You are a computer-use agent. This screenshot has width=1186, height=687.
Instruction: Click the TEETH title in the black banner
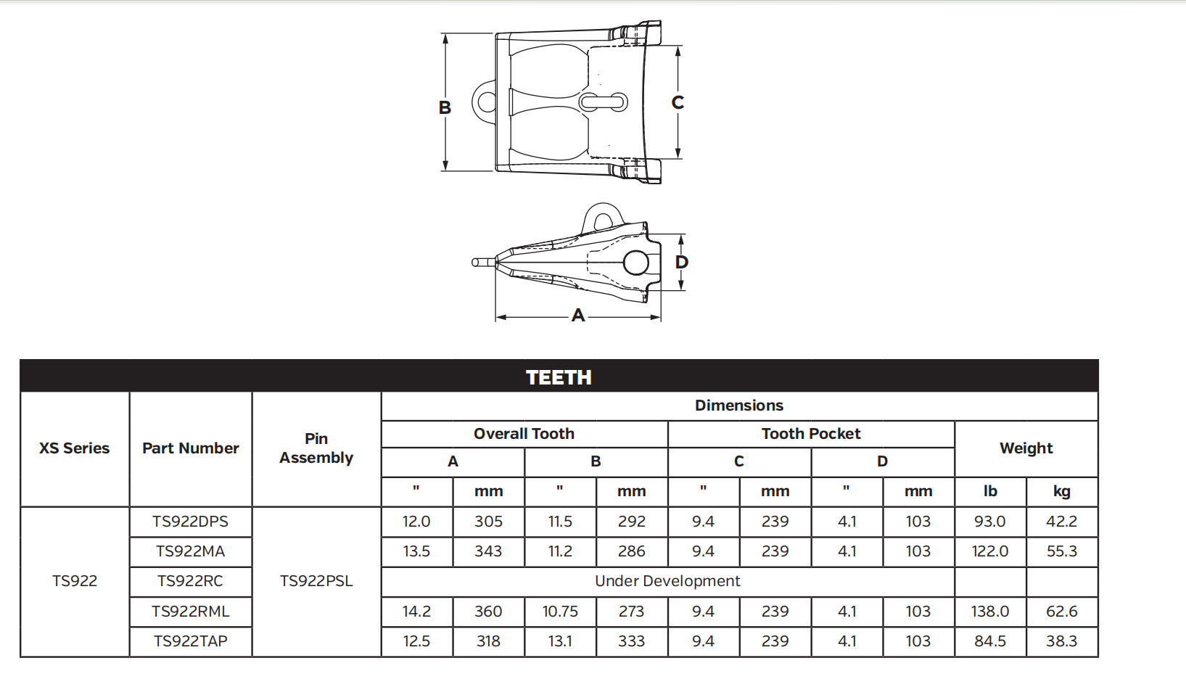click(x=559, y=377)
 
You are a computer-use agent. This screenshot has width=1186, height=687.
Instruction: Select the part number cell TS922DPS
click(x=191, y=522)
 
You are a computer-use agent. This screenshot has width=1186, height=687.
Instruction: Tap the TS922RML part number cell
click(x=191, y=612)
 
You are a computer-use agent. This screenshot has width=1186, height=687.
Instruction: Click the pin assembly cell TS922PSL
click(x=316, y=581)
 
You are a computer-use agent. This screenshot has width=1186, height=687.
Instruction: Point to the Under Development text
click(x=667, y=581)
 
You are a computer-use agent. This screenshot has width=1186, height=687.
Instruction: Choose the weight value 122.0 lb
click(x=990, y=551)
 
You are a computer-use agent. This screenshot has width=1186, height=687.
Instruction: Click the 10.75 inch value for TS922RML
click(x=560, y=612)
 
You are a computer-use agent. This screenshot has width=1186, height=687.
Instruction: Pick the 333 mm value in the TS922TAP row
click(x=632, y=641)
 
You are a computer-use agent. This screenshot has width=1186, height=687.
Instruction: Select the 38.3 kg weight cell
click(x=1061, y=641)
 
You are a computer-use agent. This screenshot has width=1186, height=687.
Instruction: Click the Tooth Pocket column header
click(x=811, y=434)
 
